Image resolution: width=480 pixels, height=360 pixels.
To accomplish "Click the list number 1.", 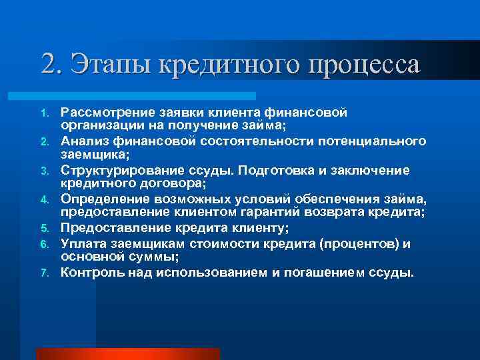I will [47, 113].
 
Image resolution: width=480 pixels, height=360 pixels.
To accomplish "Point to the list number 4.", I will [47, 199].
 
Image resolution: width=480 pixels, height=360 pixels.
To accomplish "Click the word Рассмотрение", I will [105, 113].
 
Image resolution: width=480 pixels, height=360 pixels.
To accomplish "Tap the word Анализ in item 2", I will [83, 141].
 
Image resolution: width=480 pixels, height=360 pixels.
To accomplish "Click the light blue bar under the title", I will [147, 96].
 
